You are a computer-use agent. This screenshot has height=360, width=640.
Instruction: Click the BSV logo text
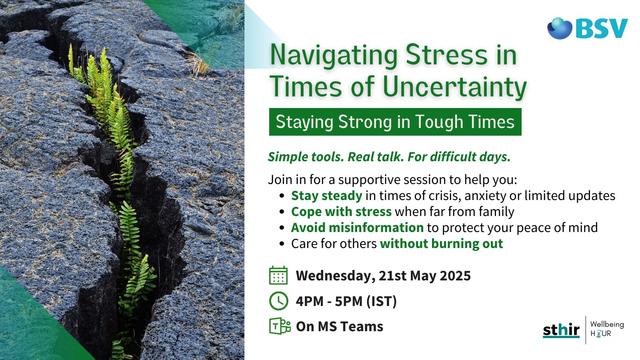point(602,29)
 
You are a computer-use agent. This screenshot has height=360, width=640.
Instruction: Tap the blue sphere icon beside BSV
point(560,28)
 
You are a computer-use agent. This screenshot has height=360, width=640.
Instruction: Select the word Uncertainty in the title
point(454,87)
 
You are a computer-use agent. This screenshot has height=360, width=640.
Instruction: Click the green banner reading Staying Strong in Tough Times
point(395,122)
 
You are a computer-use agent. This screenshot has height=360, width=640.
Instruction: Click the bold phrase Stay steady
point(326,196)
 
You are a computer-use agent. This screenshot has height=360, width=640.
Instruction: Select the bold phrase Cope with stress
point(341,212)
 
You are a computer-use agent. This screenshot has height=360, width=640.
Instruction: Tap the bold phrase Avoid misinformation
point(357,228)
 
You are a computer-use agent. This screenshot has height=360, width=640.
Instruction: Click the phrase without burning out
point(441,244)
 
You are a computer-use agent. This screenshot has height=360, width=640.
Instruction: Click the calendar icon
point(278,276)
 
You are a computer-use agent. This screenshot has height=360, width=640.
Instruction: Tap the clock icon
point(278,301)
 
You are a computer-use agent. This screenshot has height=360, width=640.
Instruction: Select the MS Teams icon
point(280,326)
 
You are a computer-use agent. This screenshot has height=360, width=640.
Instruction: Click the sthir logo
point(561,330)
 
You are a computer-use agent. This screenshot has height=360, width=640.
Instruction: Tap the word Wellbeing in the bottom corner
point(607,324)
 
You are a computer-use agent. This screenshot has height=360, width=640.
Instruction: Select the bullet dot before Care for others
point(282,244)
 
